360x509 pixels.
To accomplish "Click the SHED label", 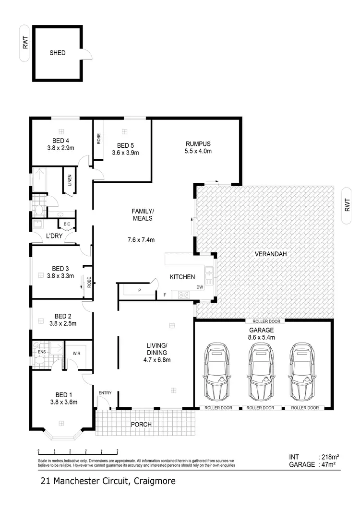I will point(57,53).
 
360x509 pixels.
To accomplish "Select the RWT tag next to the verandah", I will point(348,206).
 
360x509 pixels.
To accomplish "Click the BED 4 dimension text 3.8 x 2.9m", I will point(60,148).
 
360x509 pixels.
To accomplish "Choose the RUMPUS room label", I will point(198,143).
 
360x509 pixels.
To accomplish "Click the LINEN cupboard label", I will point(70,181).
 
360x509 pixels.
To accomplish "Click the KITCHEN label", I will point(182,277).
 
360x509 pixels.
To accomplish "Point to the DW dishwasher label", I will point(199,287).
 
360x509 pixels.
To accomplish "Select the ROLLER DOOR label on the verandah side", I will point(265,321).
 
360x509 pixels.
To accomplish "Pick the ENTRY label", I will point(105,393).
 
